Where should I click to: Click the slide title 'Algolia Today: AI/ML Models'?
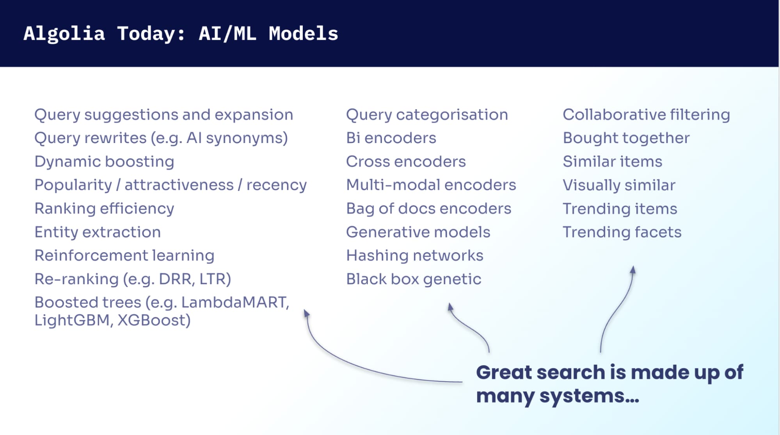pos(181,34)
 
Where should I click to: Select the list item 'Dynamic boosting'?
pos(104,161)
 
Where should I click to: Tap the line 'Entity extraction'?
pos(98,232)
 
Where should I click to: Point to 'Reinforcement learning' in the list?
pos(124,256)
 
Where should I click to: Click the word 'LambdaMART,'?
pos(235,302)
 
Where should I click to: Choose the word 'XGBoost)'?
pos(154,320)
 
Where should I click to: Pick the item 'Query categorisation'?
pos(427,115)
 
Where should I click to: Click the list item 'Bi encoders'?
pos(391,138)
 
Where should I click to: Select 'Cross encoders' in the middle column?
pos(406,161)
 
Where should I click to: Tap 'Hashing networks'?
pos(415,256)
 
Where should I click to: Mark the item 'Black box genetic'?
pos(414,279)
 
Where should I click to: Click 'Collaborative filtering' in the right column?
pos(646,115)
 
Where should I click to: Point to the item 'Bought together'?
pos(626,138)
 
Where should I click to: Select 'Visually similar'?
pos(619,185)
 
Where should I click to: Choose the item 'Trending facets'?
pos(622,232)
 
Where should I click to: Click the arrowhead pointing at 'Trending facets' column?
pos(633,269)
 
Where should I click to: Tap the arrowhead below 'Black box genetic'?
pos(450,307)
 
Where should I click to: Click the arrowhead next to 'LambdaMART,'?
pos(306,313)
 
